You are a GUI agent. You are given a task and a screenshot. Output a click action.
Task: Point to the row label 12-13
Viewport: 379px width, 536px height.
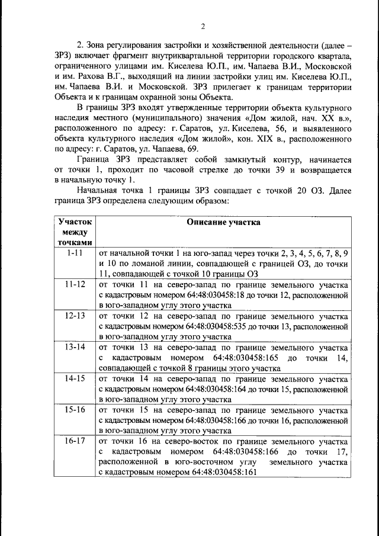pos(75,315)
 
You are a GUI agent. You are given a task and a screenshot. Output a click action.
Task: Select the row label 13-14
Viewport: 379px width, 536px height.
pos(75,346)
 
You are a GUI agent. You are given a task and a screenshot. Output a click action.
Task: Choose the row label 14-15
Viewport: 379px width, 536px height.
pos(75,378)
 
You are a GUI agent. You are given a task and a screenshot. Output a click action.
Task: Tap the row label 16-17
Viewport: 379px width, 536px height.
pos(75,441)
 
